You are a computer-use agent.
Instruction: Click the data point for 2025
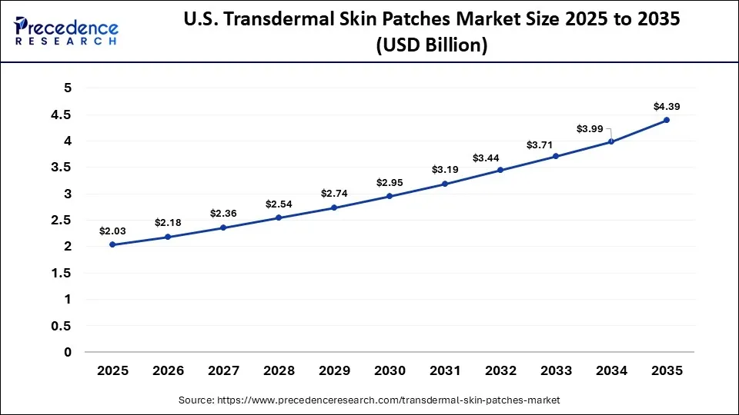coord(112,244)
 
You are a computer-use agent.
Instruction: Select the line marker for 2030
coord(390,196)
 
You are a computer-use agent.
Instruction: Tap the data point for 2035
coord(667,120)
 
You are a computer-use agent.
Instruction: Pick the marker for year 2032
coord(500,170)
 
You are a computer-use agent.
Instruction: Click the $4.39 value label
coord(667,107)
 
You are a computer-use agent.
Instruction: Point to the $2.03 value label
coord(112,231)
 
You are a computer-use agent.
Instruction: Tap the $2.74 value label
coord(334,193)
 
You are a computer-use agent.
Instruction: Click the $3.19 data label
coord(445,169)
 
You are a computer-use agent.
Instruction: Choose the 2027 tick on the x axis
coord(223,370)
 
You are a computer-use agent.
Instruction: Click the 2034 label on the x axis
coord(611,370)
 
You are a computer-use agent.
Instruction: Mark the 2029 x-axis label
coord(334,370)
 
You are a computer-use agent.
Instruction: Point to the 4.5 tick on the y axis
coord(62,115)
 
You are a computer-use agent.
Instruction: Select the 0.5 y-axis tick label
coord(62,326)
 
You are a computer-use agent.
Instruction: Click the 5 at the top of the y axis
coord(68,88)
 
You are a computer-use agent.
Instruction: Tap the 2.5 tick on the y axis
coord(62,221)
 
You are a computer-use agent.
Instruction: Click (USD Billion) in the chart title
coord(432,46)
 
